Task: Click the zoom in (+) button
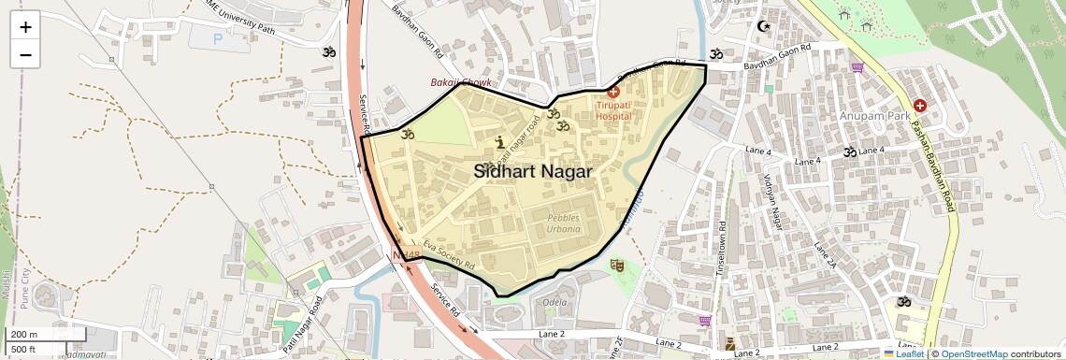point(25,27)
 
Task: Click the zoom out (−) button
point(25,54)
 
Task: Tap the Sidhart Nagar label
point(533,172)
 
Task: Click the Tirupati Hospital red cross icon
point(613,92)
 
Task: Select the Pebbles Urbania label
point(563,223)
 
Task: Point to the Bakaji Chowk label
point(460,83)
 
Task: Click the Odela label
point(555,303)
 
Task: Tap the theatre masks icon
point(616,266)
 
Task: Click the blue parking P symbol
point(219,39)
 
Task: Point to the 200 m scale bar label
point(25,335)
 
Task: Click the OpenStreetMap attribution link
point(974,353)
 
